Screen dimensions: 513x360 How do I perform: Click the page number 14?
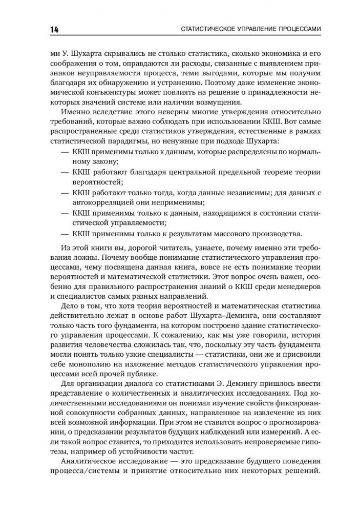[53, 29]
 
